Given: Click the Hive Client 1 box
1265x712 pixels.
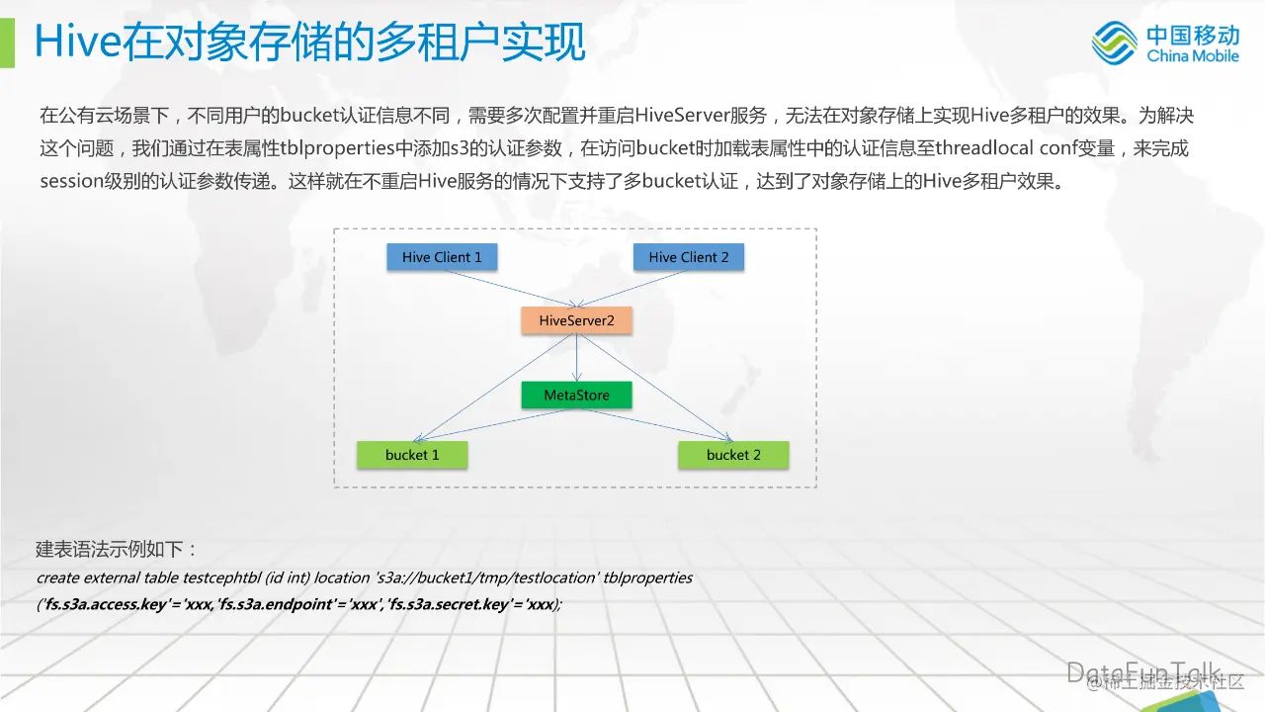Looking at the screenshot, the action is coord(442,257).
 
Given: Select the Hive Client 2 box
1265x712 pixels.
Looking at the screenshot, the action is coord(688,257).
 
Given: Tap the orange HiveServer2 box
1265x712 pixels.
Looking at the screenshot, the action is coord(576,320).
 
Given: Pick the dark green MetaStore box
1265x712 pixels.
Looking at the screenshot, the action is coord(576,396).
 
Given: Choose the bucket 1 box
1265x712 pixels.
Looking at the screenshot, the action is coord(412,455).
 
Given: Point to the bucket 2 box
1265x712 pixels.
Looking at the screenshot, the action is coord(733,455).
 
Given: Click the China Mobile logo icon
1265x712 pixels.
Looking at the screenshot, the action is coord(1115,44).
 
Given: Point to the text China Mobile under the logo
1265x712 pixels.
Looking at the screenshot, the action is coord(1193,56).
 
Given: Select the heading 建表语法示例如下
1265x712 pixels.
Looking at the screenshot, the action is coord(118,549).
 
